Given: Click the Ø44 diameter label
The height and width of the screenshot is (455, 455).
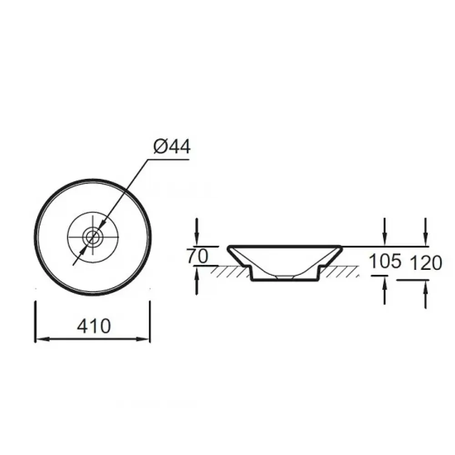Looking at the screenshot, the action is [172, 147].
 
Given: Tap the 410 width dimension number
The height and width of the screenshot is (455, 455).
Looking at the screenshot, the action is [94, 326].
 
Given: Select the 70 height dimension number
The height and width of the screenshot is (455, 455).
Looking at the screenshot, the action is [197, 256].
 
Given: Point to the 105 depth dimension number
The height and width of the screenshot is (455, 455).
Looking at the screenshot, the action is [385, 261].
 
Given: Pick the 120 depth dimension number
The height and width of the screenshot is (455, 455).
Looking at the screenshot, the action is [426, 263].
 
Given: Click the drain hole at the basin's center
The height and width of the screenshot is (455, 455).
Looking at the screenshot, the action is [93, 238].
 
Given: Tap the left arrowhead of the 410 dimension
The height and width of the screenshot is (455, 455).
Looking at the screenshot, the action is [42, 339].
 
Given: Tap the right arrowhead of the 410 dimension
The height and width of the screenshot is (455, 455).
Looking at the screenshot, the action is [143, 339].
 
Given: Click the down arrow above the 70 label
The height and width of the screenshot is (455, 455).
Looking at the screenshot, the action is [197, 232].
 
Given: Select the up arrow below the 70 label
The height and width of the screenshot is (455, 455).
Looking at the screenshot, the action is [197, 281].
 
